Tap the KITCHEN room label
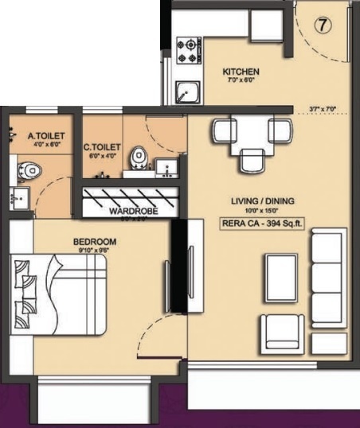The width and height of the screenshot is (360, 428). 241,72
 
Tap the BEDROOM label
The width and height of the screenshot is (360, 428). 95,241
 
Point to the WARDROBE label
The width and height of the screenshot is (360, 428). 133,211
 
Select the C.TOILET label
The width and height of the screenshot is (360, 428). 102,146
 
